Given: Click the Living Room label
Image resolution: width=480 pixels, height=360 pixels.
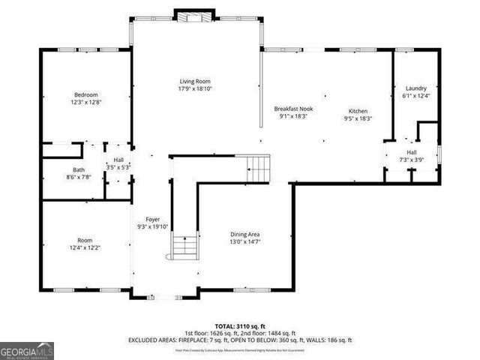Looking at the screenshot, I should [195, 81].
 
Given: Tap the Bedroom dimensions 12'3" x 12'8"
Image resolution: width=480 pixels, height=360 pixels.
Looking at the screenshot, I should [85, 102].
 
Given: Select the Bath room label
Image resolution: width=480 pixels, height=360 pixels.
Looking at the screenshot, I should [79, 169].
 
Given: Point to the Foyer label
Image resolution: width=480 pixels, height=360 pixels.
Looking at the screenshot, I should [153, 219].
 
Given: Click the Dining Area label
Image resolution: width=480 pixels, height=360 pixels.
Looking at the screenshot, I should [244, 235].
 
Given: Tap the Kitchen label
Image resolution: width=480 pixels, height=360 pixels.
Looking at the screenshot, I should [358, 110].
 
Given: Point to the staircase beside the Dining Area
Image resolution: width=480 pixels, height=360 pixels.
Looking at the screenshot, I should [259, 167].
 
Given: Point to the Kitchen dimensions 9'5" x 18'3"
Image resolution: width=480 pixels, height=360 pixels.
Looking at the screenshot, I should [358, 118].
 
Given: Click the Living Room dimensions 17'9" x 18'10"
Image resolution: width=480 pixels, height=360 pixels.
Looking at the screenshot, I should [195, 88].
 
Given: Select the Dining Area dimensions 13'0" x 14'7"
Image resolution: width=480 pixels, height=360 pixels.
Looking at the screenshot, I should [244, 242].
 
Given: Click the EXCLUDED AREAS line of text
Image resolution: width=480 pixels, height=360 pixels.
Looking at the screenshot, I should [239, 340].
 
